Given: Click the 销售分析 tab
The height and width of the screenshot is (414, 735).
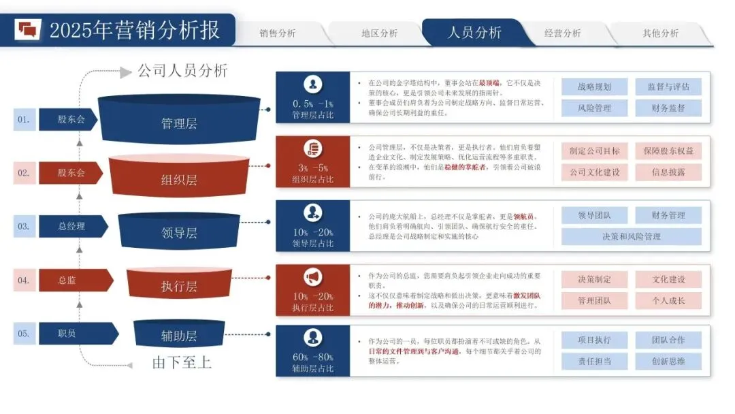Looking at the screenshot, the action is click(278, 33).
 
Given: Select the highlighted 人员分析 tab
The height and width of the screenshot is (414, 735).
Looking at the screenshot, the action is click(474, 33).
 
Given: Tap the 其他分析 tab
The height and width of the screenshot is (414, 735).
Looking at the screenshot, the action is click(660, 33).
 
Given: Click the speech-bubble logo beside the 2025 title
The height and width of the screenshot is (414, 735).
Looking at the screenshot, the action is click(28, 29).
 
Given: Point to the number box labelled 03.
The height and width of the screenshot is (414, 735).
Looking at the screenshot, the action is click(24, 227).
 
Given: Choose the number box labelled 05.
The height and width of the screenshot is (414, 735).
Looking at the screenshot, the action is click(24, 334).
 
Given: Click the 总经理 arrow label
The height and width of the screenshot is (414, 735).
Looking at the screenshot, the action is click(72, 227).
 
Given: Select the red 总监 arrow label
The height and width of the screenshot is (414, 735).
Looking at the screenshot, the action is click(68, 280).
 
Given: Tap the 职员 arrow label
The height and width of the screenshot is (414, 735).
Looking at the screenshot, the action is click(68, 334).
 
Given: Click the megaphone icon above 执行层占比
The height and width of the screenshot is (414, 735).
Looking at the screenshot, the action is click(312, 277).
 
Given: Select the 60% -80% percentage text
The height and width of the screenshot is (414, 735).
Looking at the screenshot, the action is click(312, 357).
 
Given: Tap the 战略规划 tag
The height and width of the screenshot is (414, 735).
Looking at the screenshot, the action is click(594, 86).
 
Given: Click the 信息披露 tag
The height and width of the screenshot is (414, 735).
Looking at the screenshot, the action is click(668, 172).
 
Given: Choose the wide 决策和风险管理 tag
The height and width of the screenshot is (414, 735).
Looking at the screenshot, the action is click(631, 237).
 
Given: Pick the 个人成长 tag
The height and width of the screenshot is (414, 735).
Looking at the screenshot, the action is click(668, 300).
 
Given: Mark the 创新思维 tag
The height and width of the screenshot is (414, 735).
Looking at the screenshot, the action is click(668, 362).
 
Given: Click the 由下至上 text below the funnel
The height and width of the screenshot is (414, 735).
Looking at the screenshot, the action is click(182, 362).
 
